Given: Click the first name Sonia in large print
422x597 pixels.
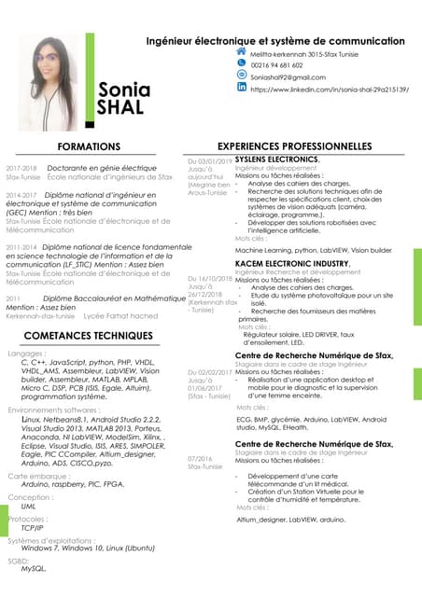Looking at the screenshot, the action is click(x=123, y=90).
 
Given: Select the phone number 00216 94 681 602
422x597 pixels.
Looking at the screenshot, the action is click(x=277, y=65).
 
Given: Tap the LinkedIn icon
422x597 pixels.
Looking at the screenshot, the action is click(x=242, y=90).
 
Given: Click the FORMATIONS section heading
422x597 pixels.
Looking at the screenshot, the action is click(x=89, y=147).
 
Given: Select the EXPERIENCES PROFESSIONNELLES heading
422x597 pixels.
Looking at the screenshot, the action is click(x=307, y=147).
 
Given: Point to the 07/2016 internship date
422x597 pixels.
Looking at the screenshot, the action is click(x=200, y=458).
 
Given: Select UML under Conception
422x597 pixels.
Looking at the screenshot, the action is click(x=28, y=506).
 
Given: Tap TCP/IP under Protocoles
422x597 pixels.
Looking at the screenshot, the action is click(x=33, y=526).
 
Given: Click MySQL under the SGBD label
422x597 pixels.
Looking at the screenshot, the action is click(x=33, y=567).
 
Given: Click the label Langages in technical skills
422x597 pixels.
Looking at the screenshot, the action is click(x=26, y=354).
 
